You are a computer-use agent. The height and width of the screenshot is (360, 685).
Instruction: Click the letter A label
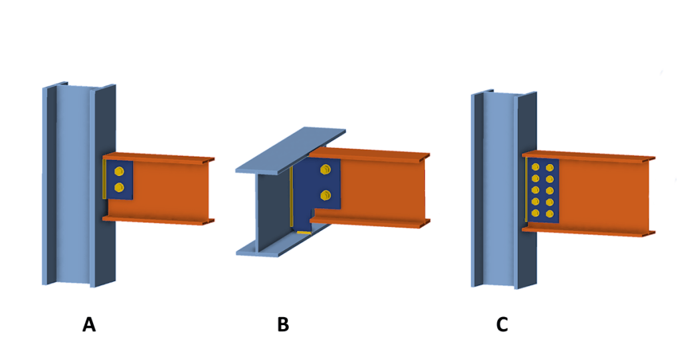click(x=89, y=325)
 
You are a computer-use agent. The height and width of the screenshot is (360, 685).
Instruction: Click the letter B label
click(x=283, y=325)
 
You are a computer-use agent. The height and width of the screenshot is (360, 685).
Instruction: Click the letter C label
click(x=502, y=325)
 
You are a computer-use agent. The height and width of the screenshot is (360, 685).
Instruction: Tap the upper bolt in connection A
click(x=119, y=171)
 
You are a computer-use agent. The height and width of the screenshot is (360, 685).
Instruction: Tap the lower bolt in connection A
click(x=119, y=187)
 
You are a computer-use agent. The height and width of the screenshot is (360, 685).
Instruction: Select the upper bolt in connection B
click(x=326, y=169)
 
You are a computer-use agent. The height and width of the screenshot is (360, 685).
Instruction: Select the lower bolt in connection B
click(x=326, y=195)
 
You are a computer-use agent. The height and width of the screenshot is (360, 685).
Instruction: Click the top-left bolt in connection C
click(x=535, y=167)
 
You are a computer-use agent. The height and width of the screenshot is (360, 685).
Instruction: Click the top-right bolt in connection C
click(x=550, y=167)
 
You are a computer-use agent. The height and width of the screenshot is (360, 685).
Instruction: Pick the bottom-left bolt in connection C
click(x=535, y=213)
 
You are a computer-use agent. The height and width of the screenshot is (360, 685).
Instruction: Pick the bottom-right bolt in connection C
click(x=550, y=214)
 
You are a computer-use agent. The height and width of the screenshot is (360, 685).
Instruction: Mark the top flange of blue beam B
click(x=291, y=151)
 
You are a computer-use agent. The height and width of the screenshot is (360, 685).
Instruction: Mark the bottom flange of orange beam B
click(x=368, y=221)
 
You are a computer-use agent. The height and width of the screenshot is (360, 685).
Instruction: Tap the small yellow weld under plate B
click(x=304, y=232)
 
